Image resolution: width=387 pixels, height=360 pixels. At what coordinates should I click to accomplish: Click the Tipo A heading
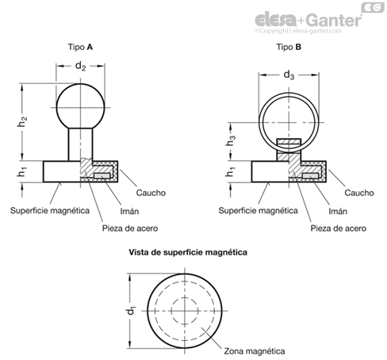[80, 47]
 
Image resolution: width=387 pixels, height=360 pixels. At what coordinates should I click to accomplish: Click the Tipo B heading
[289, 47]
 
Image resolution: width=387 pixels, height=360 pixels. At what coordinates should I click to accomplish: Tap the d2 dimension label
[80, 66]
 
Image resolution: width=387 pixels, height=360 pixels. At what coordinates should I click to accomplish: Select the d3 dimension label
[289, 75]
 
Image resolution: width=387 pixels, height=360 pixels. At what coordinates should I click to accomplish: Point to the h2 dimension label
[22, 121]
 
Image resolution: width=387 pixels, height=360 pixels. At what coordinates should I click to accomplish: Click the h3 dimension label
[231, 140]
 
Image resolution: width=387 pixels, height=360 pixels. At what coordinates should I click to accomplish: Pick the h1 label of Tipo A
[22, 172]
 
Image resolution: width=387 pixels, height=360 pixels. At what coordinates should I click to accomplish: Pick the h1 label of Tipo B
[231, 172]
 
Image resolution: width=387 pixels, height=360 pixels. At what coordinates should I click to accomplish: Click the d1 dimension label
[131, 310]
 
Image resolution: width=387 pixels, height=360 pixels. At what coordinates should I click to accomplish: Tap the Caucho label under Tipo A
[151, 193]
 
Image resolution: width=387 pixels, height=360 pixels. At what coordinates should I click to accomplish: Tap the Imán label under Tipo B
[338, 211]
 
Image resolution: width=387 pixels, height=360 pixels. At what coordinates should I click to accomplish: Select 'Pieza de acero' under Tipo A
[130, 228]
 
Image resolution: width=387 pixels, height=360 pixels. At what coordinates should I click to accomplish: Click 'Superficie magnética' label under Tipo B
[258, 211]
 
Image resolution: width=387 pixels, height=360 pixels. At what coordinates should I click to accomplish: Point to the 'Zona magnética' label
[255, 351]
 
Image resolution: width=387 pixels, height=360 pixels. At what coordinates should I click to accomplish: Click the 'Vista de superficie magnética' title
[188, 252]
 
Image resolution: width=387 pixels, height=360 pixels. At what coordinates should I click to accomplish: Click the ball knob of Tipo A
[80, 106]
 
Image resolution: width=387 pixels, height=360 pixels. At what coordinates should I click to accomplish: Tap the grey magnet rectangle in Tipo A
[102, 176]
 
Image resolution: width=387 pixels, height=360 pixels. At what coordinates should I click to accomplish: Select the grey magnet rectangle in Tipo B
[310, 176]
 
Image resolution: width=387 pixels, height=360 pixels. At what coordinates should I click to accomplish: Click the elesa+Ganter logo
[308, 20]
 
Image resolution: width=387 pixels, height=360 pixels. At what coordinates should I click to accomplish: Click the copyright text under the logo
[298, 31]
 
